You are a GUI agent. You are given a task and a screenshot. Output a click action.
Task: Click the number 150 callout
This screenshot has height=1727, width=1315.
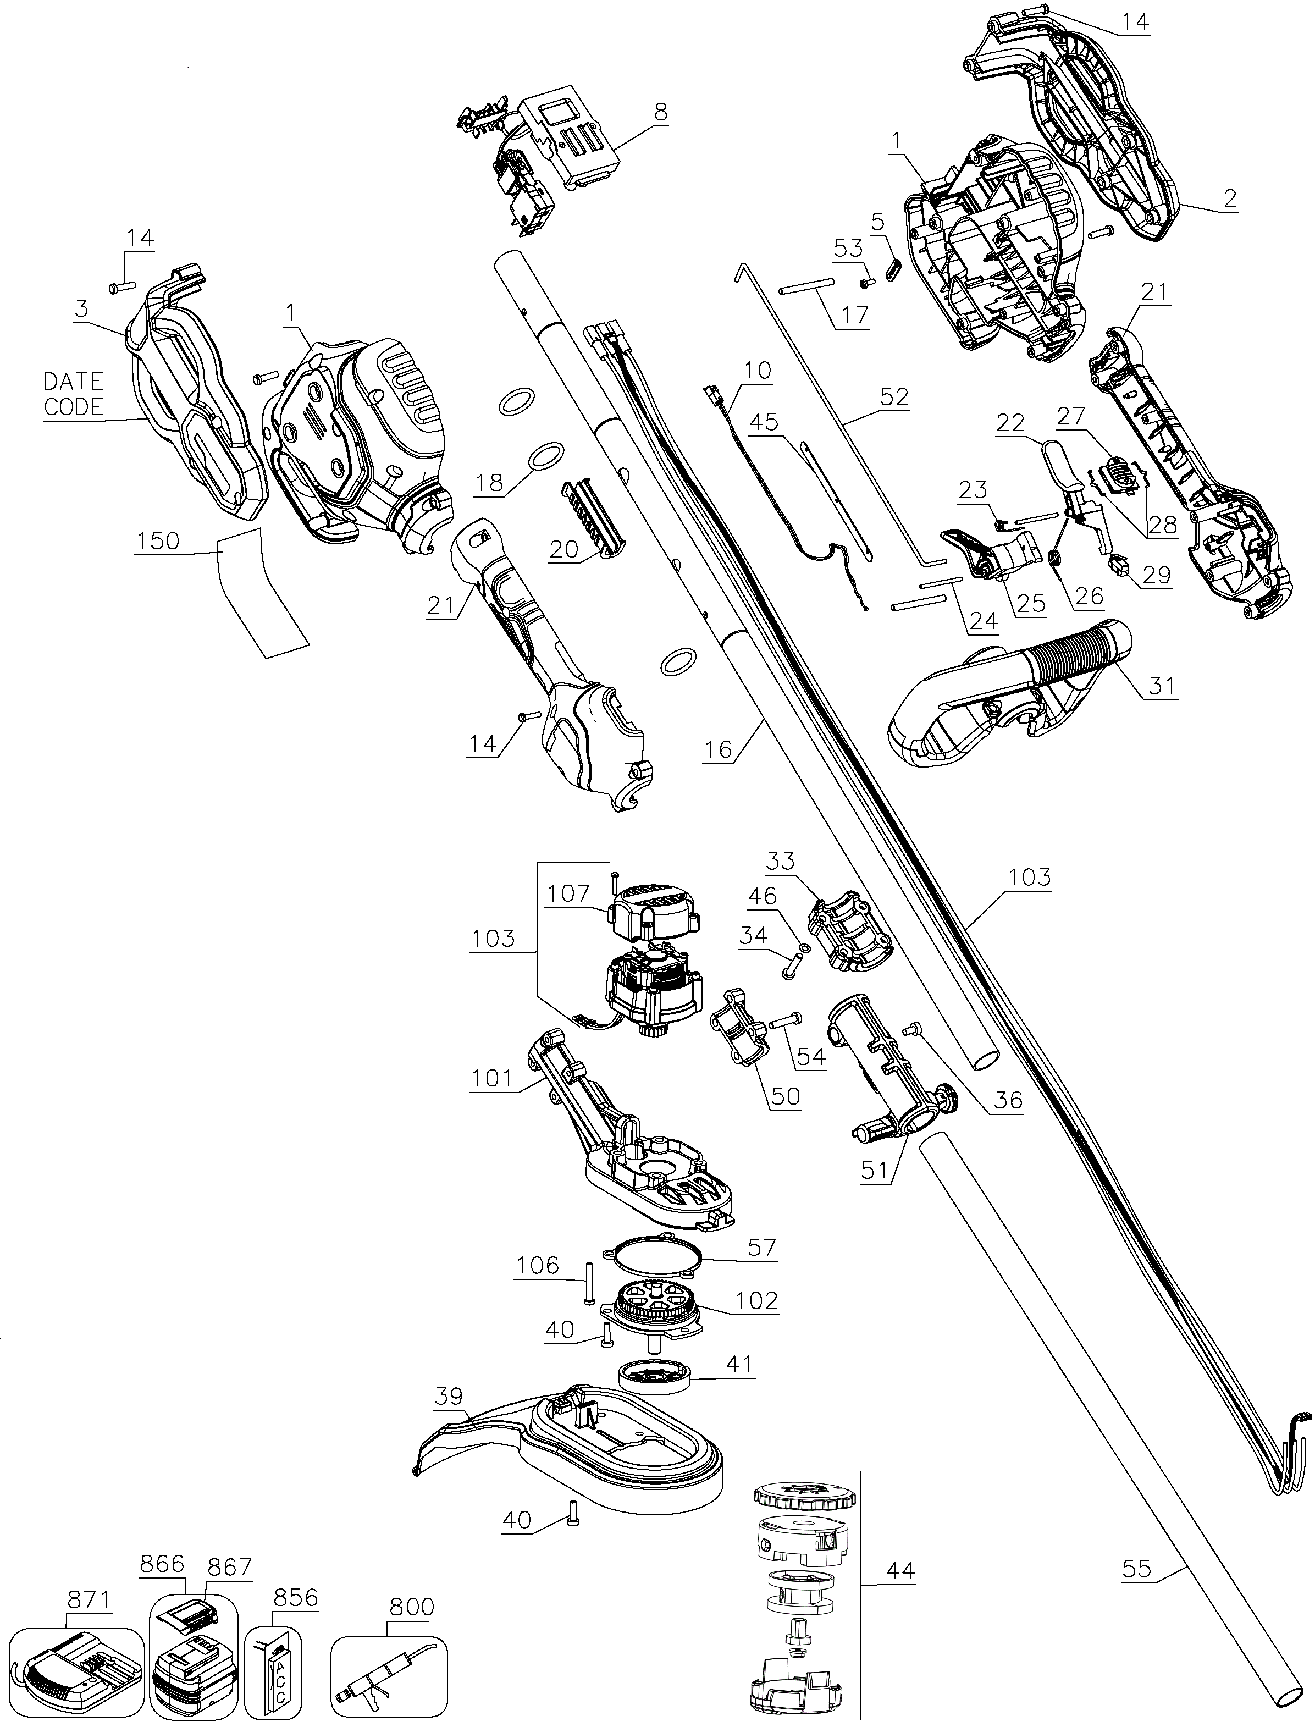pos(158,542)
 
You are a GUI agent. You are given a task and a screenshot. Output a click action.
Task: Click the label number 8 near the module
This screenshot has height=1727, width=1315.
pos(661,112)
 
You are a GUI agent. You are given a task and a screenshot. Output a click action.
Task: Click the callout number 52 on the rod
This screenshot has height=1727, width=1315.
pos(894,397)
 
